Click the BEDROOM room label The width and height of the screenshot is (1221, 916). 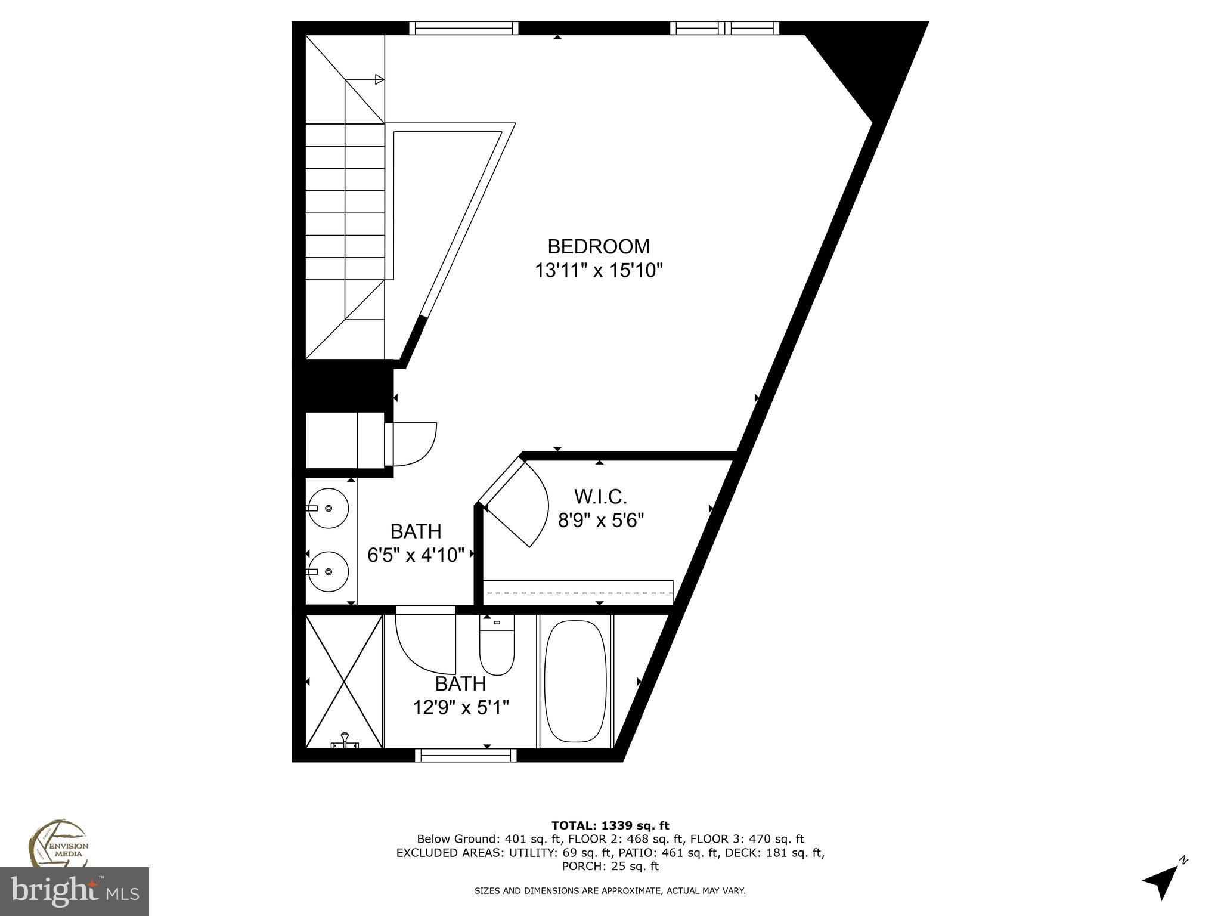click(599, 246)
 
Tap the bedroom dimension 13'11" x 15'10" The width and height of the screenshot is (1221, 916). click(599, 271)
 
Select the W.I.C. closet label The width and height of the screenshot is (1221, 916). click(600, 496)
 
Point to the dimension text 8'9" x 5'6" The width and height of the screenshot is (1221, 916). click(601, 521)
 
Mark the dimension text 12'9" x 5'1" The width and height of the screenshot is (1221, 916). click(461, 708)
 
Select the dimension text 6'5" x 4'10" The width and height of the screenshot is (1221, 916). click(416, 555)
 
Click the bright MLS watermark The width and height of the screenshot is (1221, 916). click(75, 892)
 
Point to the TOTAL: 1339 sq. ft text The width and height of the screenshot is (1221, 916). click(610, 826)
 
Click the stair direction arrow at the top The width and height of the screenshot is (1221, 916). click(378, 79)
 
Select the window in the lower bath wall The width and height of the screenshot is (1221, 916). click(466, 756)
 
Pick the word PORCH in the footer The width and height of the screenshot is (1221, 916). click(583, 866)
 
